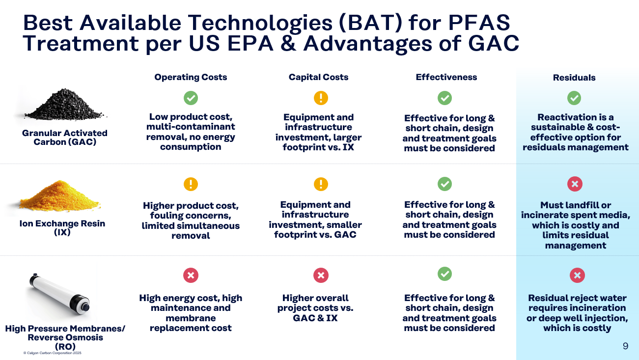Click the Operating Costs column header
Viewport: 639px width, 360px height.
[x=191, y=77]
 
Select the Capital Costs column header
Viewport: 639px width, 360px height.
[x=318, y=77]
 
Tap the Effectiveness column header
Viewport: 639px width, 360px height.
[x=446, y=77]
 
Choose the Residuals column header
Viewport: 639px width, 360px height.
[x=574, y=78]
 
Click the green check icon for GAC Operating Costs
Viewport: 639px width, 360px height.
[x=191, y=98]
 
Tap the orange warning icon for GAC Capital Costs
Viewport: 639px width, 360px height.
[x=321, y=98]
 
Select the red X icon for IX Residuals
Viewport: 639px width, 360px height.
[x=575, y=184]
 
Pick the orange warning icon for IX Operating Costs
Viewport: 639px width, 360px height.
[x=191, y=184]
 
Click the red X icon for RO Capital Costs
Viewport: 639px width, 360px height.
[x=321, y=275]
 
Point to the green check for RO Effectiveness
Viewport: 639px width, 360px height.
[x=445, y=274]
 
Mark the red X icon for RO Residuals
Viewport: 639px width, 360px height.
[x=577, y=275]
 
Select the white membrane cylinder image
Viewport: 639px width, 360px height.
[x=59, y=294]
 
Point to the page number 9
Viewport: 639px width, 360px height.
[x=625, y=346]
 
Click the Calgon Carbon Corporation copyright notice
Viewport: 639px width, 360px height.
[x=53, y=353]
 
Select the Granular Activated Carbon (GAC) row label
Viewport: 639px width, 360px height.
[x=65, y=138]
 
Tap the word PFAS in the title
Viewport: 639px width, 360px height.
[x=479, y=22]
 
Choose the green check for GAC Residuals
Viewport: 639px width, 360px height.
[x=574, y=98]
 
